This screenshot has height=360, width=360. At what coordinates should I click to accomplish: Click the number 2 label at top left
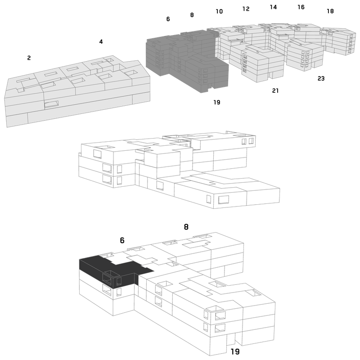click(29, 58)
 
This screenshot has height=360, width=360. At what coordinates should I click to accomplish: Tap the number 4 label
click(101, 41)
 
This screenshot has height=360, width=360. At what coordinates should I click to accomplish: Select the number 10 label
click(219, 11)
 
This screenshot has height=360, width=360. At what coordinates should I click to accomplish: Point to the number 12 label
click(246, 9)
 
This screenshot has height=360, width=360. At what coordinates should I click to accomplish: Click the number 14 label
click(273, 7)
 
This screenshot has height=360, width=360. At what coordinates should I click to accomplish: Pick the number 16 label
click(301, 7)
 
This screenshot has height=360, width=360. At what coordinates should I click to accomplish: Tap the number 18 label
click(330, 11)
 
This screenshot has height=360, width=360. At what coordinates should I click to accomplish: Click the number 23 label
click(321, 78)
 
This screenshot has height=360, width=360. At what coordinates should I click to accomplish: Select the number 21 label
click(275, 91)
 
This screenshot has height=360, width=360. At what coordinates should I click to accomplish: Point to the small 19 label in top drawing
click(217, 102)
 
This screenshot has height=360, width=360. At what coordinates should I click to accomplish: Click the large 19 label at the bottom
click(235, 351)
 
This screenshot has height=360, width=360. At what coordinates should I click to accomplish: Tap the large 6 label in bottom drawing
click(122, 240)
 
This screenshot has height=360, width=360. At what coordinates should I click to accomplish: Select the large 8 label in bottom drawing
click(186, 227)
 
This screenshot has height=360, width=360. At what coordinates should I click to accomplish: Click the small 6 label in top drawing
click(168, 19)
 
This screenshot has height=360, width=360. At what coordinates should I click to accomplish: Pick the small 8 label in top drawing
click(192, 15)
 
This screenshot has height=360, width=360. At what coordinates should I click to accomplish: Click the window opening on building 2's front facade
click(51, 104)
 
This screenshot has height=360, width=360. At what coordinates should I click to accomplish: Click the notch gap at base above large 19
click(231, 339)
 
